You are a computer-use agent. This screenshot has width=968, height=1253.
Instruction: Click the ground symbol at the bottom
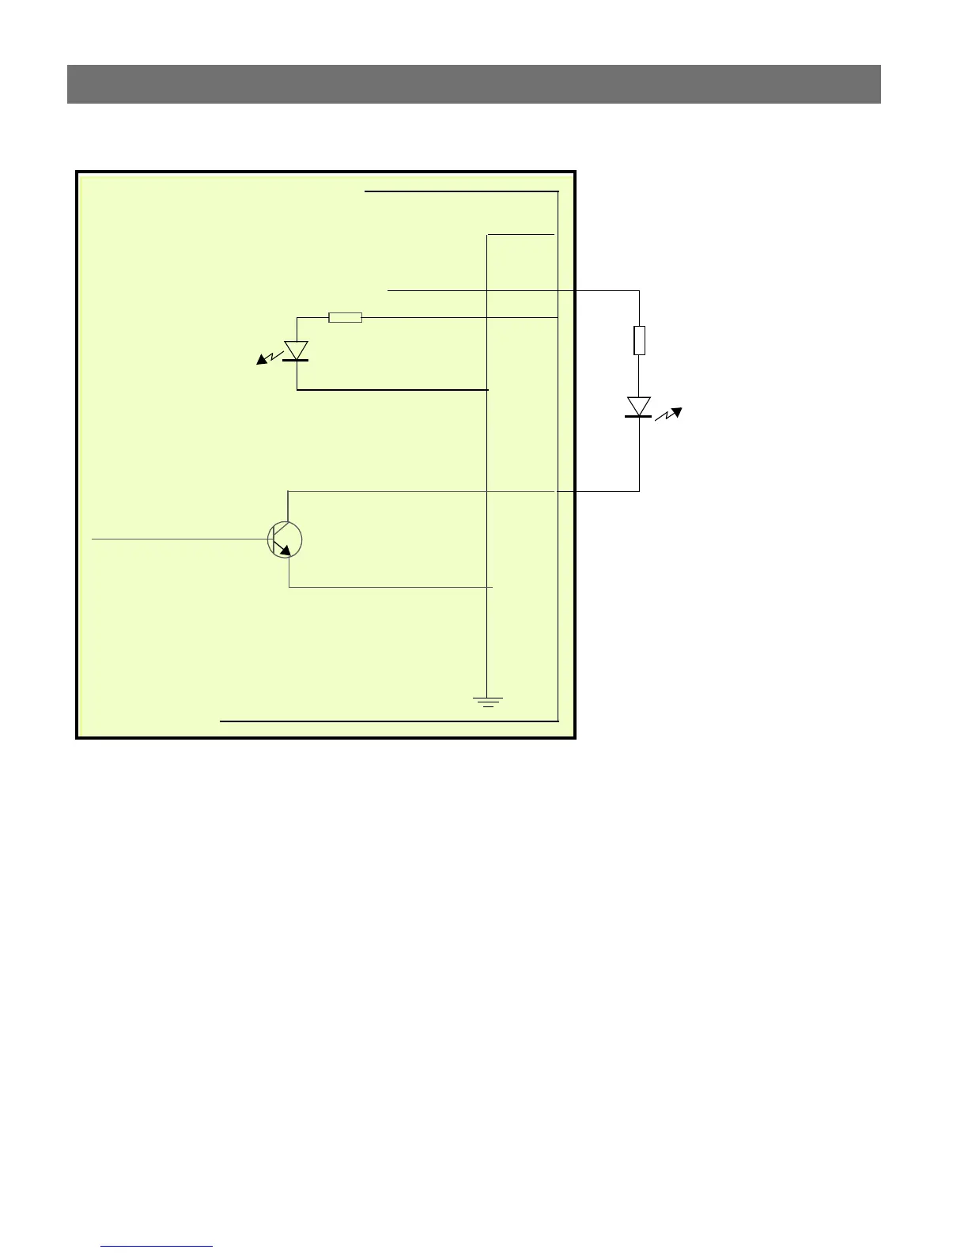488,701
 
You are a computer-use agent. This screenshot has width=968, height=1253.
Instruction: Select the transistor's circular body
285,539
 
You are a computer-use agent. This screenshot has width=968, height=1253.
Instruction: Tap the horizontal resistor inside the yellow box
345,318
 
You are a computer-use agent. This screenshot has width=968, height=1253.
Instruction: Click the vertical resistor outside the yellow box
639,340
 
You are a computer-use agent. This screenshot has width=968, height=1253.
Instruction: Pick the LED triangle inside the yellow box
297,350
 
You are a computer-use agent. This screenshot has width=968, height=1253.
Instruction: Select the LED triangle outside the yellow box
639,406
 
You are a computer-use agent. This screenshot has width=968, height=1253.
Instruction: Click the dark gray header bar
474,84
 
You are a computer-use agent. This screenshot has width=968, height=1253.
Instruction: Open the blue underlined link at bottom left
157,1246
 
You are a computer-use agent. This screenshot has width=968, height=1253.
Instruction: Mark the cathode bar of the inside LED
297,360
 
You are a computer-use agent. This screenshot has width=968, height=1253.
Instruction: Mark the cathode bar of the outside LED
639,416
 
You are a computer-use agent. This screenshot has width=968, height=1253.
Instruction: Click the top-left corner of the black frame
78,172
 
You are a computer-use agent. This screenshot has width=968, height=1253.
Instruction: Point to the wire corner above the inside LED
297,318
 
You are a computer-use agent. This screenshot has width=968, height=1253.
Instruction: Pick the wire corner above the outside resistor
639,291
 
